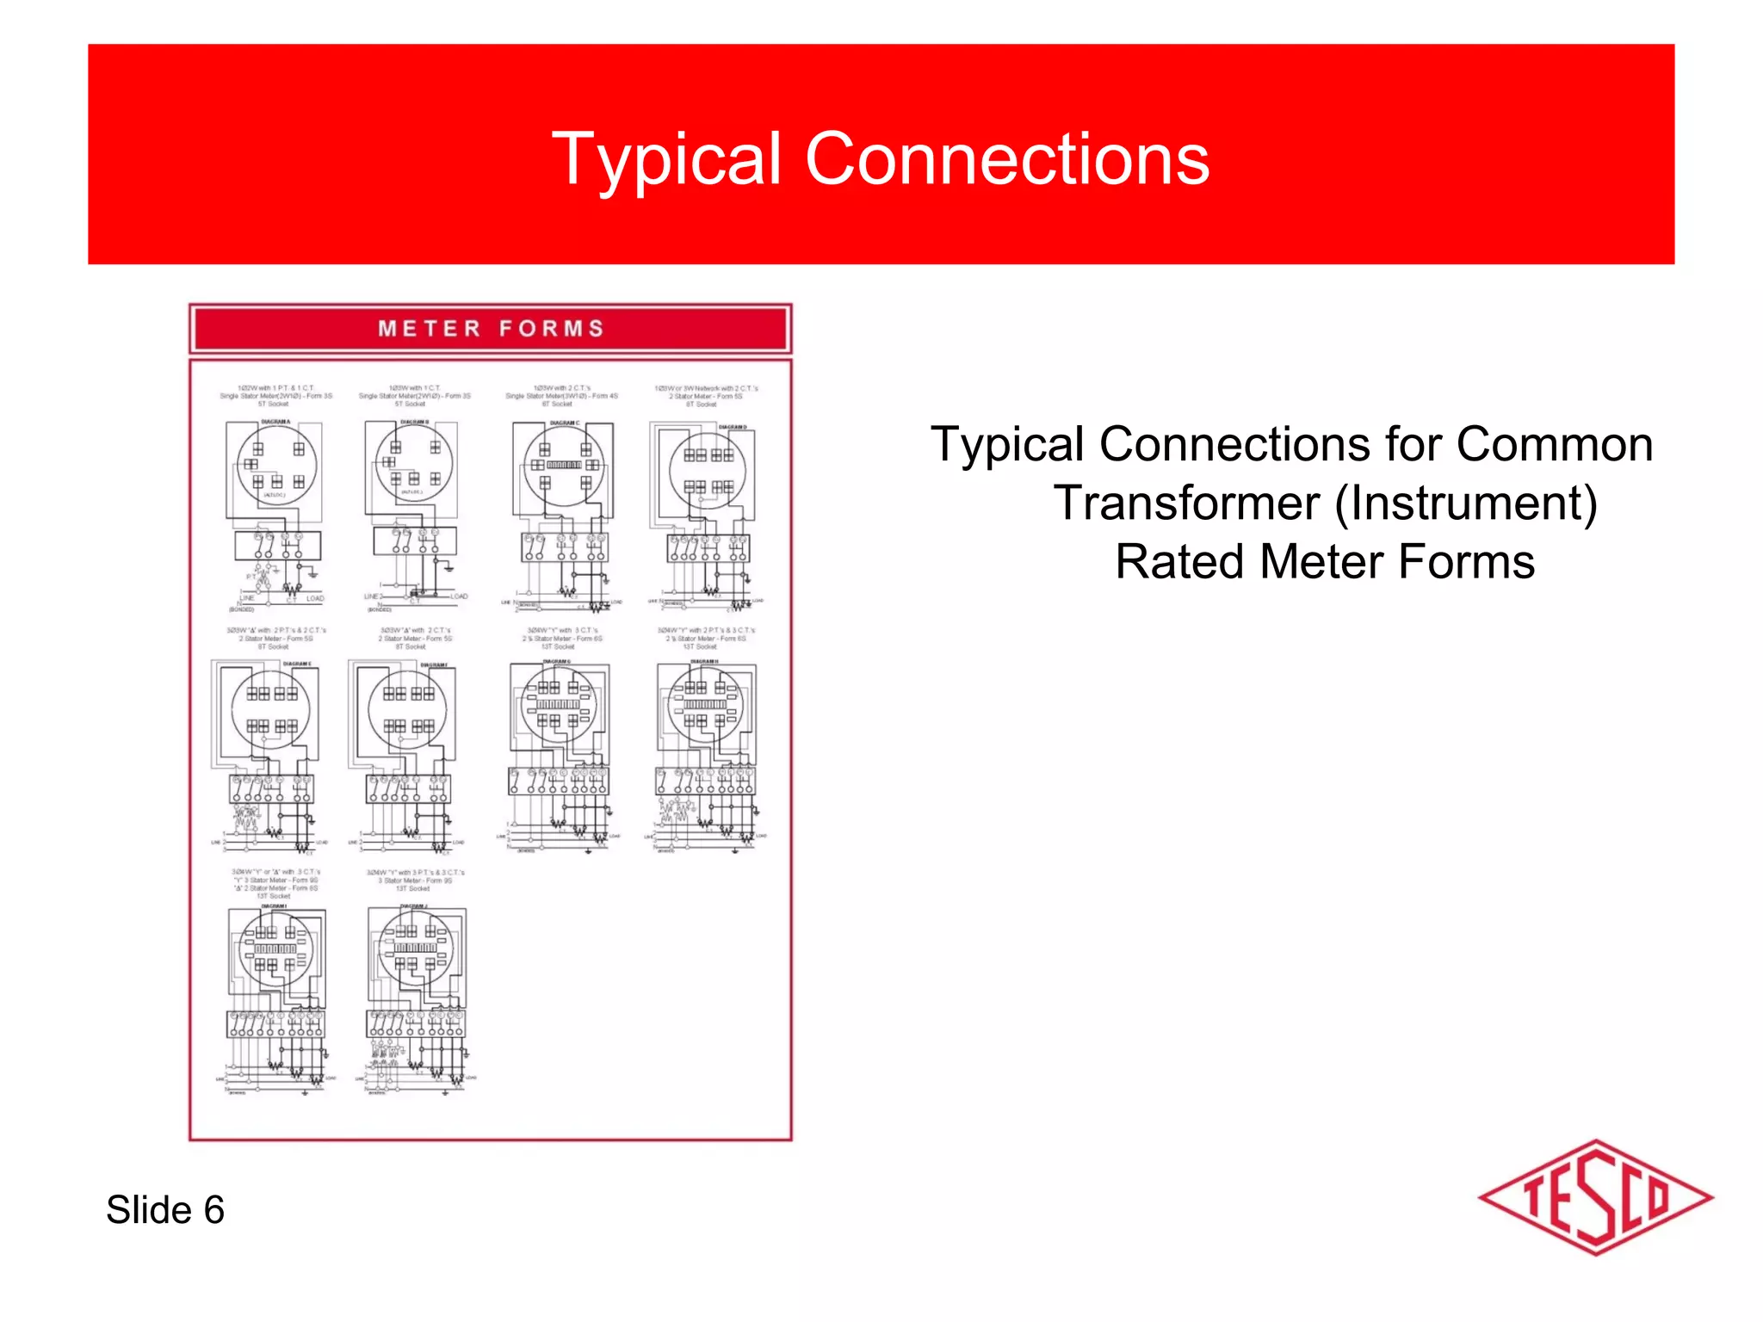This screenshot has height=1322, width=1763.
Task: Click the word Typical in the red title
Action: coord(667,160)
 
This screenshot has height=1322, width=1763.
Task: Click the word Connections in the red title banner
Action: coord(1006,160)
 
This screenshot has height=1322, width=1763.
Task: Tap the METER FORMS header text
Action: coord(491,329)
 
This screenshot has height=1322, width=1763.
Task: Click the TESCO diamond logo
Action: coord(1595,1197)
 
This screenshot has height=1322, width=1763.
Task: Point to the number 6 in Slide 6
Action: coord(213,1209)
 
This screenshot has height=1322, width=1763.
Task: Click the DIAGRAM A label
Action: coord(275,422)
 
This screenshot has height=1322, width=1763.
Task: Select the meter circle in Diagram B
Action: coord(414,466)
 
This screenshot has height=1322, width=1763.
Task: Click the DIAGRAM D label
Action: coord(733,427)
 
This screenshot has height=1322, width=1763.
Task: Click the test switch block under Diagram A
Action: coord(277,546)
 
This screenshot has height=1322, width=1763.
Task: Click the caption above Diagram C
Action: coord(562,396)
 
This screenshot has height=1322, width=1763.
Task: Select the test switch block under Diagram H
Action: coord(706,781)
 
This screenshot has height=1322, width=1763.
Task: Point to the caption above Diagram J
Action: coord(414,880)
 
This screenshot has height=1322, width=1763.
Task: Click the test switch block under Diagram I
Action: coord(275,1024)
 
